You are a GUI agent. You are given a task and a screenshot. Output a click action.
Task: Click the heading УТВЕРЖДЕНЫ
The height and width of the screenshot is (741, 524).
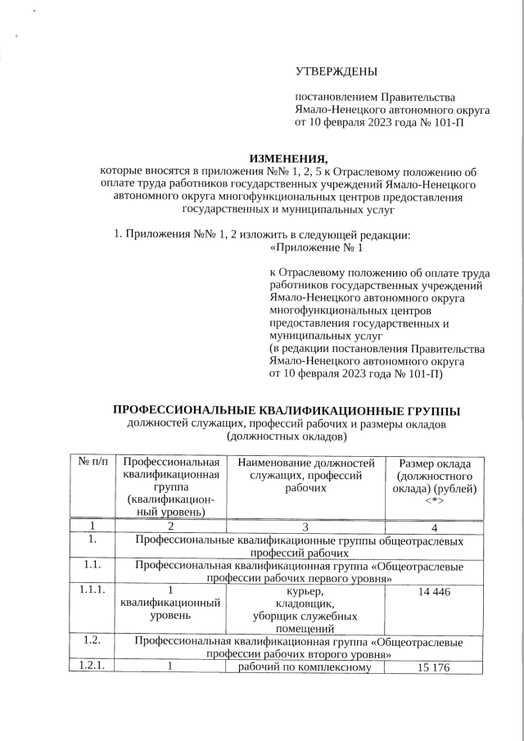(337, 74)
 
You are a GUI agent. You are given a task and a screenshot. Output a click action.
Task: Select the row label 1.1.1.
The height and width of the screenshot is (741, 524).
(93, 590)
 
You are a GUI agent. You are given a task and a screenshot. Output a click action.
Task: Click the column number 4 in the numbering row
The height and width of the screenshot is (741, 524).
(434, 526)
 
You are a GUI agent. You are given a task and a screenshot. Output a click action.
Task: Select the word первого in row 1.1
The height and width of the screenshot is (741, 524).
(323, 578)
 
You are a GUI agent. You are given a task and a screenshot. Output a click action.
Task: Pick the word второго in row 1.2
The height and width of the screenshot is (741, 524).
(323, 654)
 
